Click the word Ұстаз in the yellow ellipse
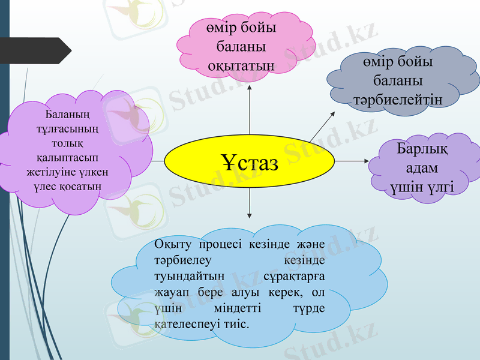pos(250,162)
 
